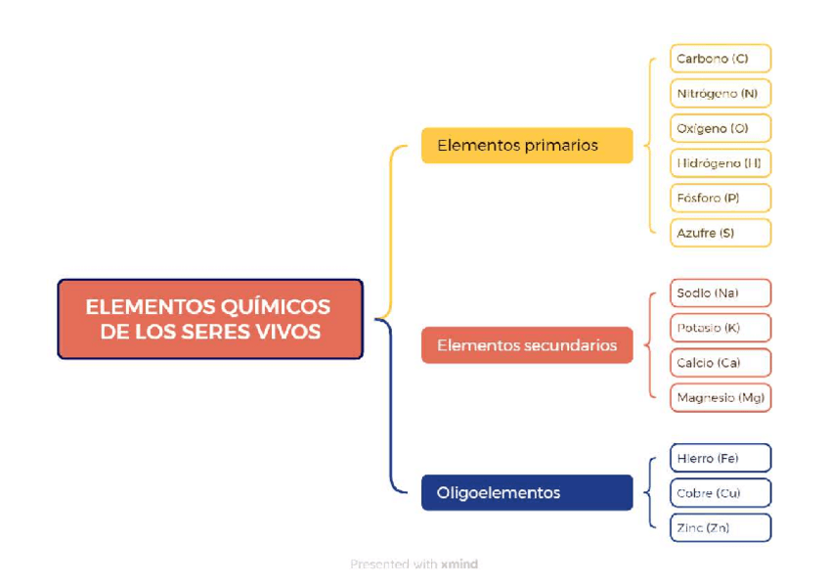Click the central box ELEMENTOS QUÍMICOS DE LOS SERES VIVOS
pyautogui.click(x=209, y=319)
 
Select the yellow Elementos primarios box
pyautogui.click(x=527, y=145)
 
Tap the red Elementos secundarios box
pyautogui.click(x=527, y=345)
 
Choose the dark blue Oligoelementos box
pyautogui.click(x=527, y=492)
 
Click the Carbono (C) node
pyautogui.click(x=720, y=59)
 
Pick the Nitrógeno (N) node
pyautogui.click(x=720, y=94)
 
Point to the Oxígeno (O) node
pyautogui.click(x=720, y=128)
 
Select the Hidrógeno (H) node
pyautogui.click(x=720, y=163)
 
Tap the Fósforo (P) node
pyautogui.click(x=720, y=198)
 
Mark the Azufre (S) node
pyautogui.click(x=720, y=233)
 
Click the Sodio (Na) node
pyautogui.click(x=720, y=293)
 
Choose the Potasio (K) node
pyautogui.click(x=720, y=328)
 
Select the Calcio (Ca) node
pyautogui.click(x=720, y=362)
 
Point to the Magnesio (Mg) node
pyautogui.click(x=720, y=397)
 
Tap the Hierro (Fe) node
pyautogui.click(x=720, y=458)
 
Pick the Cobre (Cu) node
pyautogui.click(x=720, y=493)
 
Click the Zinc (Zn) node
pyautogui.click(x=720, y=528)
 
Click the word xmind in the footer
pyautogui.click(x=459, y=564)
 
